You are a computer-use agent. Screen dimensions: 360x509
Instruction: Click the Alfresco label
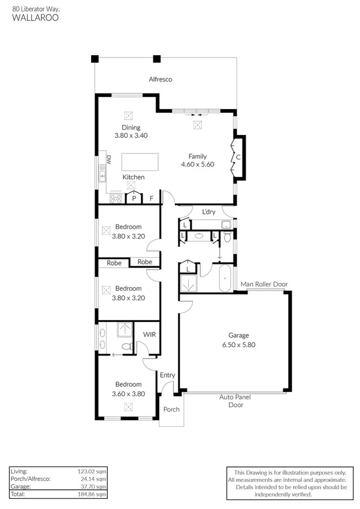tap(160, 79)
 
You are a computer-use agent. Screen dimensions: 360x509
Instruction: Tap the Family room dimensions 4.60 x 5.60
tap(198, 164)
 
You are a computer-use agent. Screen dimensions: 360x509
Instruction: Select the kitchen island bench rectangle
tap(140, 162)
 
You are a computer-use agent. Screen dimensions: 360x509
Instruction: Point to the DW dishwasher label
tap(109, 159)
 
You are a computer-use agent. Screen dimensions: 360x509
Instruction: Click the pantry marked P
tap(134, 197)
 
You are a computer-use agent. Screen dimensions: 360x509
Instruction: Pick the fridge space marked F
tap(152, 198)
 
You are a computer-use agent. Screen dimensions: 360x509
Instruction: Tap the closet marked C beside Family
tap(238, 157)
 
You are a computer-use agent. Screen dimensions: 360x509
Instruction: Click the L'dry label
tap(208, 212)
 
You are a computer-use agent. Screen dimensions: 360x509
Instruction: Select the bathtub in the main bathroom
tap(225, 279)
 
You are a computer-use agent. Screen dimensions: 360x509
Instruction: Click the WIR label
tap(150, 335)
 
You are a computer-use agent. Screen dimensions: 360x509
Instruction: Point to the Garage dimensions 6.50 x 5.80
tap(239, 345)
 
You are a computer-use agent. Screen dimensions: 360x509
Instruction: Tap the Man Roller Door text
tap(264, 284)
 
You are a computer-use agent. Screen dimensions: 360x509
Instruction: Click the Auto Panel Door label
tap(235, 401)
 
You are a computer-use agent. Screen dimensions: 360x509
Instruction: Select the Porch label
tap(171, 409)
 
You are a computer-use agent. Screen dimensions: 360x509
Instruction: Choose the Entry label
tap(167, 375)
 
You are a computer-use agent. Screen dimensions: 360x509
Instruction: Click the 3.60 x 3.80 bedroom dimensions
tap(128, 394)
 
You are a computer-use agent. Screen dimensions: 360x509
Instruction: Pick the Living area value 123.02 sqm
tap(92, 471)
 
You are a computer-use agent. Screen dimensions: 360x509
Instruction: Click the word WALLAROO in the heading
tap(35, 17)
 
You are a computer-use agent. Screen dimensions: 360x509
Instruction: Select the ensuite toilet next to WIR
tap(127, 346)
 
